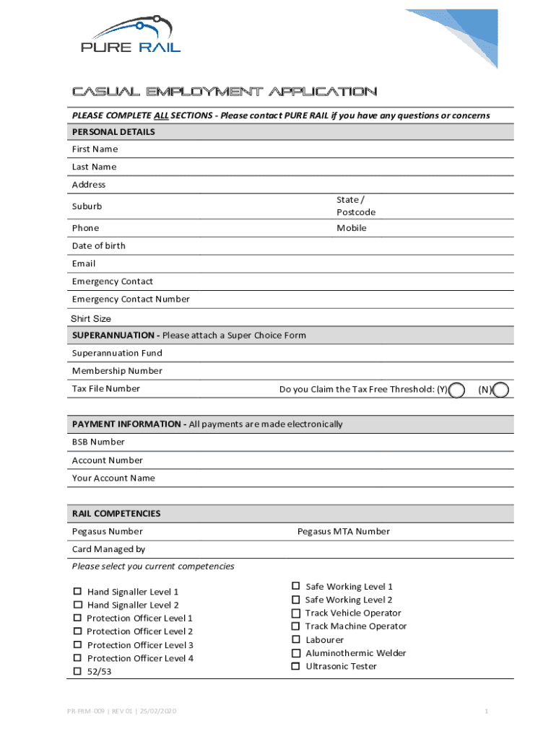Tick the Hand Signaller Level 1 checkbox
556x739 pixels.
(x=77, y=592)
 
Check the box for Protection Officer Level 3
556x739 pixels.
(x=77, y=644)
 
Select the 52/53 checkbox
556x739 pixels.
(x=77, y=671)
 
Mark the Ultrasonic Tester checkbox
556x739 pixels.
(x=295, y=666)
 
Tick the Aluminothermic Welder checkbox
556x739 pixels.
(x=295, y=653)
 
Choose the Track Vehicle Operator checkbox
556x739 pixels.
(x=295, y=613)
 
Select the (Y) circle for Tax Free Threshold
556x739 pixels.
(x=456, y=390)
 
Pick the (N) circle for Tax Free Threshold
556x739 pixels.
(x=500, y=390)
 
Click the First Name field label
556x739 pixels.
(x=95, y=149)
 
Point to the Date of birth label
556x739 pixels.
(x=99, y=246)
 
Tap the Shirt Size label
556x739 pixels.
(x=91, y=319)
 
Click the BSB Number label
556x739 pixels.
(x=98, y=442)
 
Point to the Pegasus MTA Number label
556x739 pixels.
(x=344, y=532)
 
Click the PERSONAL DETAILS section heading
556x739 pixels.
(x=113, y=132)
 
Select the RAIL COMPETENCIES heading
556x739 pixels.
(x=116, y=514)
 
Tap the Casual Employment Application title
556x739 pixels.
(x=224, y=92)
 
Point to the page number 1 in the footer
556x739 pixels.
(x=487, y=712)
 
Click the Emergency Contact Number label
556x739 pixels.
(x=131, y=299)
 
